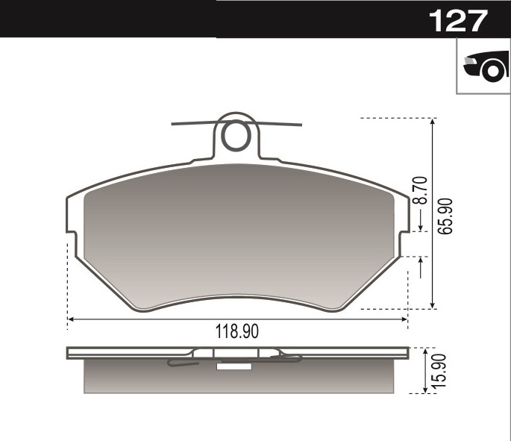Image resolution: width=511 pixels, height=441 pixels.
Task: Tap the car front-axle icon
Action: (x=484, y=67)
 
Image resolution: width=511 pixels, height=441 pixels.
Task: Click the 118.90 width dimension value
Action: (x=237, y=333)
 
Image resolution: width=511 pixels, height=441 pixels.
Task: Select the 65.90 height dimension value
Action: (x=446, y=216)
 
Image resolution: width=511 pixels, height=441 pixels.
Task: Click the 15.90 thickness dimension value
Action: (x=439, y=371)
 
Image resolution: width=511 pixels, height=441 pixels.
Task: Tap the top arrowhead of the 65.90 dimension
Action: (x=433, y=121)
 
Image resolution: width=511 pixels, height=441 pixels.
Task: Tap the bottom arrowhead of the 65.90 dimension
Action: (x=433, y=305)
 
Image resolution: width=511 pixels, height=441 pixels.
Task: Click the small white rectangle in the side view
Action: (x=233, y=366)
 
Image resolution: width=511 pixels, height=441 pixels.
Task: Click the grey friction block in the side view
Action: (x=149, y=378)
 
